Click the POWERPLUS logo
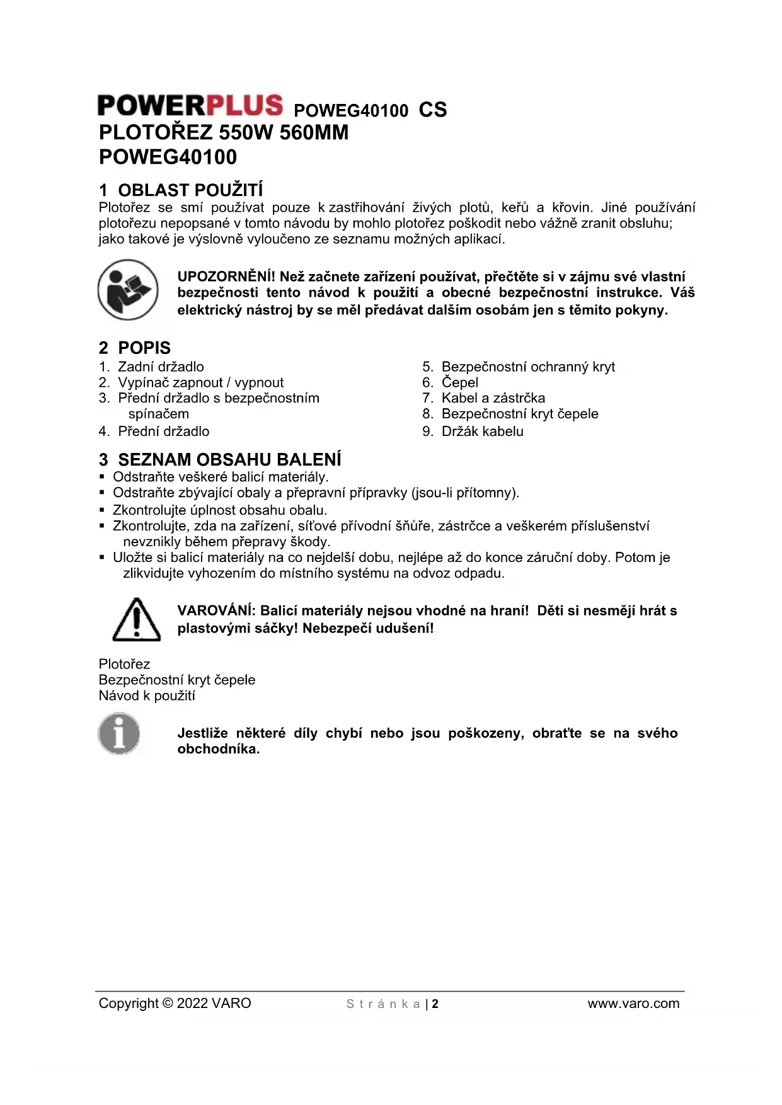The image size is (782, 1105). click(190, 106)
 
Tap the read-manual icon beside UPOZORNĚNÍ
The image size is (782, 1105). click(128, 290)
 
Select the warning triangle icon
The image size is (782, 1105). click(136, 620)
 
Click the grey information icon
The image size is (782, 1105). click(119, 733)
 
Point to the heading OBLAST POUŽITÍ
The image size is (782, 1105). click(190, 190)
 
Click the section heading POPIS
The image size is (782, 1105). click(144, 348)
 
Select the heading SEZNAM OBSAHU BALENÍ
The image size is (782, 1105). click(229, 459)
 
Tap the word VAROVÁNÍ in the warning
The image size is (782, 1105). click(216, 610)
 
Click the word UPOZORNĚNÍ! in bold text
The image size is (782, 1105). click(226, 277)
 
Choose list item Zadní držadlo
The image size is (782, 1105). click(161, 367)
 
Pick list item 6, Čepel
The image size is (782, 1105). click(459, 382)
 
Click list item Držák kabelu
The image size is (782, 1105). click(482, 432)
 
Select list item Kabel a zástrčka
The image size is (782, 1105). click(493, 398)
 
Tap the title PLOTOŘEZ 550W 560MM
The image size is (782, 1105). click(224, 133)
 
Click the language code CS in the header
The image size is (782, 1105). click(433, 110)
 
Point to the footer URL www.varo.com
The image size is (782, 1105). click(633, 1004)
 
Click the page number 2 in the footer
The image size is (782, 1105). click(435, 1004)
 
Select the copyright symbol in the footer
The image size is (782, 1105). click(168, 1004)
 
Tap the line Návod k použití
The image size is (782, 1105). click(147, 696)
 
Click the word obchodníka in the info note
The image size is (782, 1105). click(217, 749)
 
